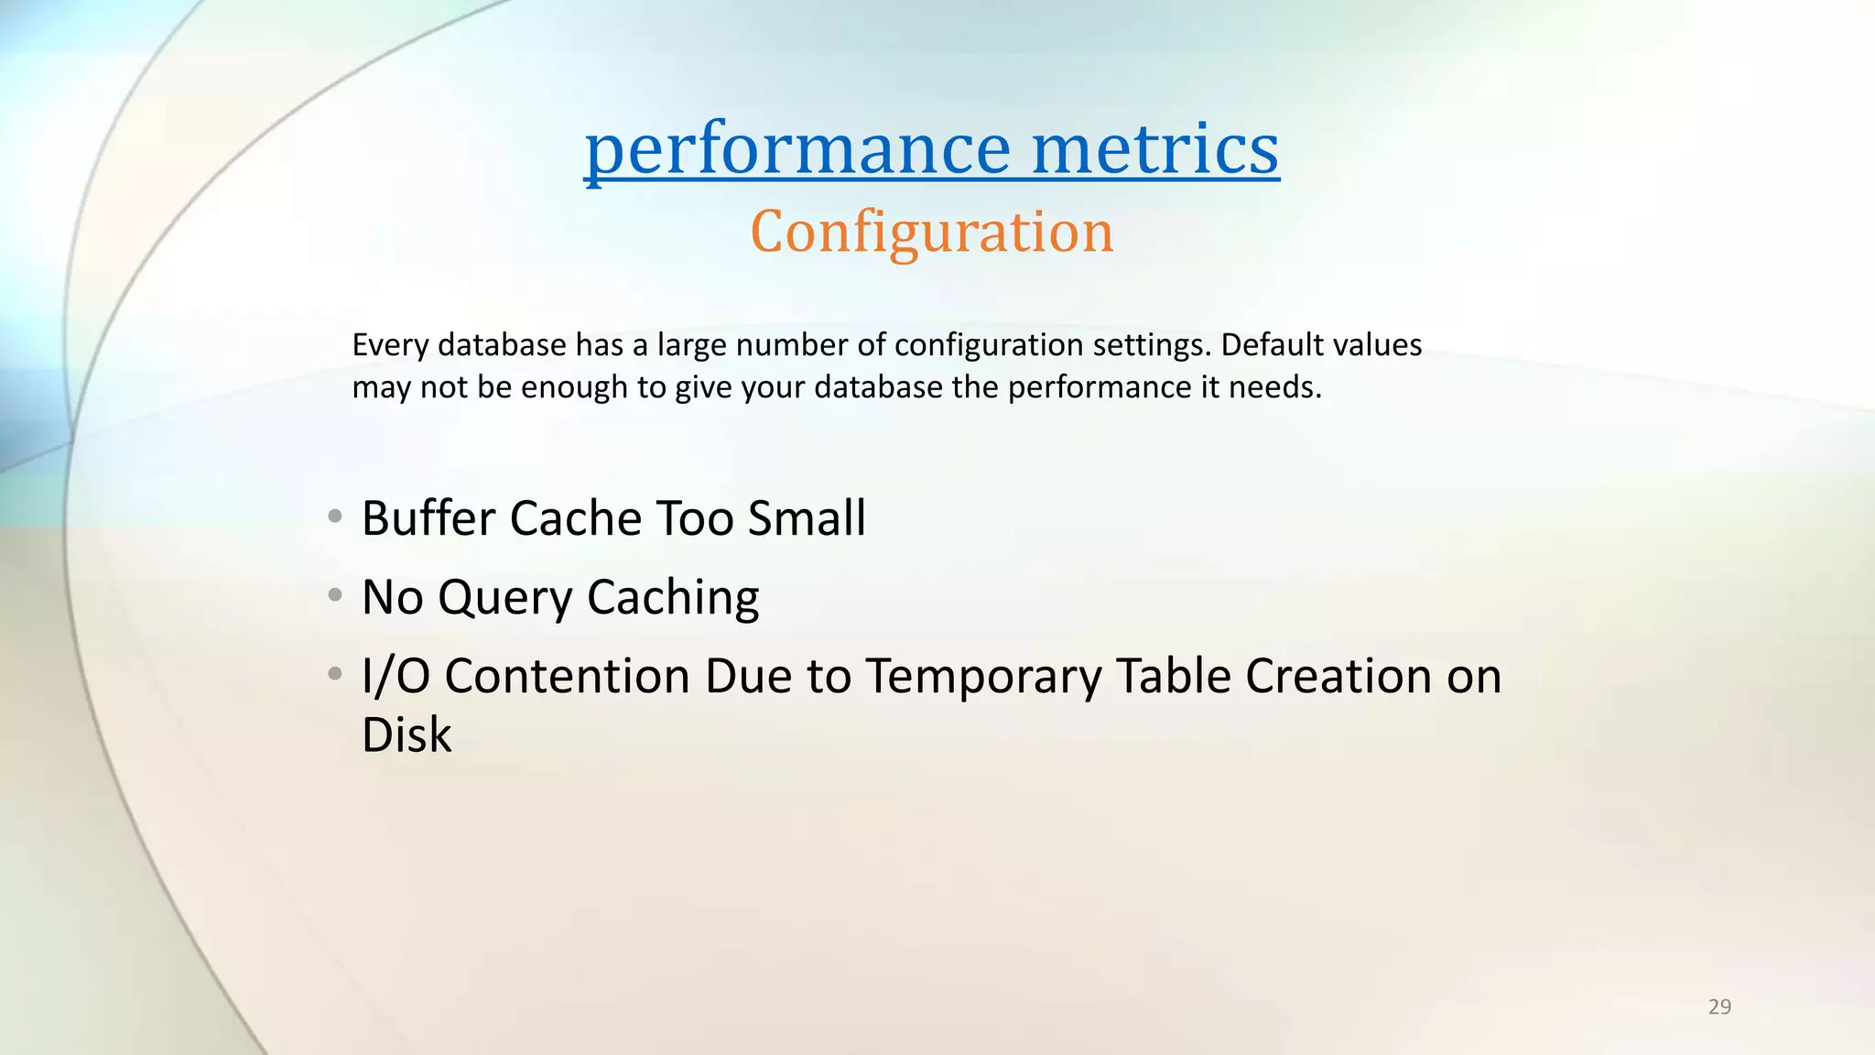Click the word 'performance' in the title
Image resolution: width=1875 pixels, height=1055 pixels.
click(x=797, y=148)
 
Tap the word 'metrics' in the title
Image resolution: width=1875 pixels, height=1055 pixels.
click(x=1154, y=148)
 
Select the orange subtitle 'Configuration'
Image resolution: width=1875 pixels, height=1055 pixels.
click(x=931, y=232)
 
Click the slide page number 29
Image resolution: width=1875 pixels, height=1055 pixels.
click(x=1719, y=1007)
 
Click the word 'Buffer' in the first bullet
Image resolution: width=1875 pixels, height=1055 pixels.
click(x=428, y=518)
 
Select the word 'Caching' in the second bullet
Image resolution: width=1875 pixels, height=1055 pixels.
click(x=673, y=598)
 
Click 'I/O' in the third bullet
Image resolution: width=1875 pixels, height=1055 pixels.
click(x=396, y=677)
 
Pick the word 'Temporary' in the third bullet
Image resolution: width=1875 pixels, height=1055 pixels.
click(x=984, y=677)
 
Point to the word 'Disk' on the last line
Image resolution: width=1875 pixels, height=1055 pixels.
click(x=406, y=735)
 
